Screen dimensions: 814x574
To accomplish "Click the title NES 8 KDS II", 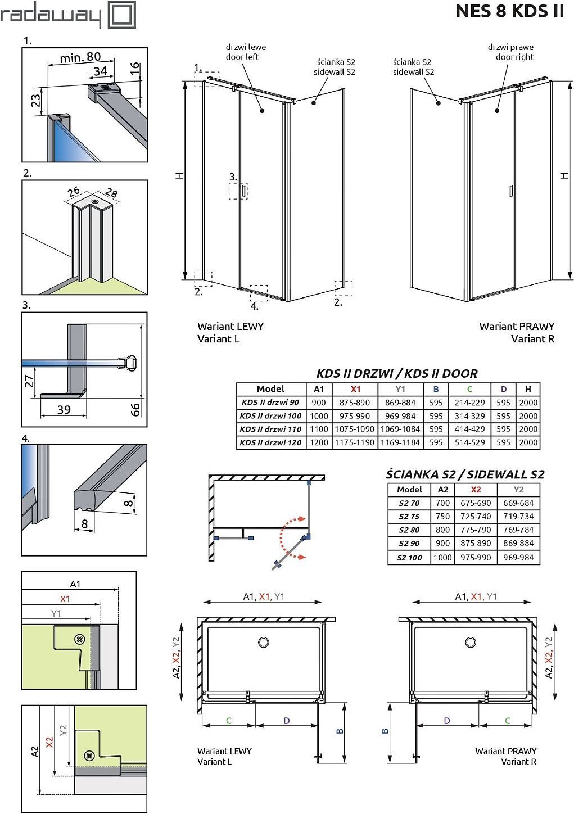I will pyautogui.click(x=509, y=11).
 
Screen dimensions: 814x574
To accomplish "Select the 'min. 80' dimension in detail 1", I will pyautogui.click(x=80, y=57).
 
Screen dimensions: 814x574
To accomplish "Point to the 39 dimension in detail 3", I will pyautogui.click(x=64, y=409).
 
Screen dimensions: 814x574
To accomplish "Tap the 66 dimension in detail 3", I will pyautogui.click(x=135, y=409).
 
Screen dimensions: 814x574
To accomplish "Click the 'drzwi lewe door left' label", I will pyautogui.click(x=246, y=52).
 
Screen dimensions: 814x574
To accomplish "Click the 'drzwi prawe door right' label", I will pyautogui.click(x=510, y=52).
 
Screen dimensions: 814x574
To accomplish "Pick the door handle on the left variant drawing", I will pyautogui.click(x=243, y=191).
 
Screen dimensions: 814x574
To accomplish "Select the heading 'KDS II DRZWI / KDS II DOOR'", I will pyautogui.click(x=397, y=373).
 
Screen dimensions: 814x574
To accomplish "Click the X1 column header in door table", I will pyautogui.click(x=355, y=389).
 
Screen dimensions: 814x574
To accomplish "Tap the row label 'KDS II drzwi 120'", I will pyautogui.click(x=271, y=442).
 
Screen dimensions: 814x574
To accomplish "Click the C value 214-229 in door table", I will pyautogui.click(x=469, y=403).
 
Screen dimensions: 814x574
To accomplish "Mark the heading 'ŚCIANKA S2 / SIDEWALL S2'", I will pyautogui.click(x=465, y=474).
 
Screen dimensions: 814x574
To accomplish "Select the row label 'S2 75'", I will pyautogui.click(x=409, y=517).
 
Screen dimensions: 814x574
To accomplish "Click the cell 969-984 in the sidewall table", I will pyautogui.click(x=518, y=558).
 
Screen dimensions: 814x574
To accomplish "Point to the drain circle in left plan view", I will pyautogui.click(x=263, y=642).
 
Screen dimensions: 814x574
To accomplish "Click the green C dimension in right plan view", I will pyautogui.click(x=507, y=721).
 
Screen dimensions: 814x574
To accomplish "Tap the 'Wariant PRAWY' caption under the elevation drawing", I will pyautogui.click(x=517, y=326).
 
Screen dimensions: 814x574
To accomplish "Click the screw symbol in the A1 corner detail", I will pyautogui.click(x=80, y=639).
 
